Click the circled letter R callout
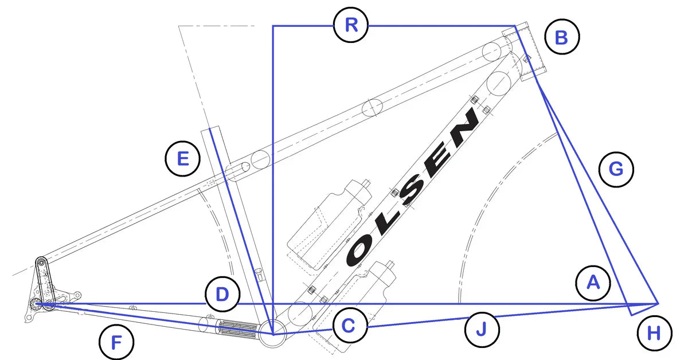pos(351,25)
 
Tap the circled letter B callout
pos(562,37)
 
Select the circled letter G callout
pos(616,169)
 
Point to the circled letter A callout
pos(593,283)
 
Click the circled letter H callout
pos(654,333)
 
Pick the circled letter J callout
pos(482,330)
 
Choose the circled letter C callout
pos(350,326)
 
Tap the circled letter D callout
pos(222,294)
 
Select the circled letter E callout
pos(183,159)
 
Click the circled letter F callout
pos(116,342)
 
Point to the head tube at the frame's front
pos(524,51)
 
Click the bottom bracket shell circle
pos(273,334)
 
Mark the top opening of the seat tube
pos(210,128)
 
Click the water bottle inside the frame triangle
pos(330,226)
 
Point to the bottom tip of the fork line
pos(631,315)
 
